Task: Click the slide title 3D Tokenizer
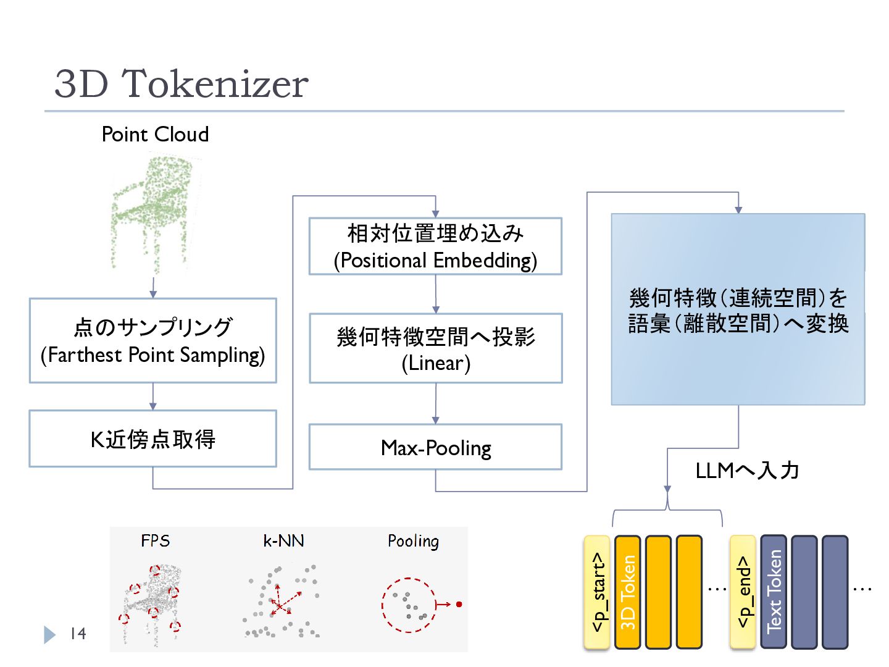[182, 84]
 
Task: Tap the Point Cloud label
[155, 134]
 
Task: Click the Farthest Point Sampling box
[153, 340]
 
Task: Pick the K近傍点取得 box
[153, 438]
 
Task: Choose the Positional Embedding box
[435, 246]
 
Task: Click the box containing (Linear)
[436, 348]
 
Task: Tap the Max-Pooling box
[435, 447]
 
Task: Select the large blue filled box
[738, 309]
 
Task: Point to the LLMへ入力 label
[747, 471]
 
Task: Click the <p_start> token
[596, 592]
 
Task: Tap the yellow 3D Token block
[627, 592]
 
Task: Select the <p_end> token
[743, 592]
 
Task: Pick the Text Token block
[774, 592]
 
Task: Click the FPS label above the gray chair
[156, 540]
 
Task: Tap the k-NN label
[283, 540]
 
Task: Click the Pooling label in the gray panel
[413, 542]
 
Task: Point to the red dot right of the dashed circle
[459, 604]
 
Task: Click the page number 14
[78, 634]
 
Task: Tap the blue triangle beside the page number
[49, 635]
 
